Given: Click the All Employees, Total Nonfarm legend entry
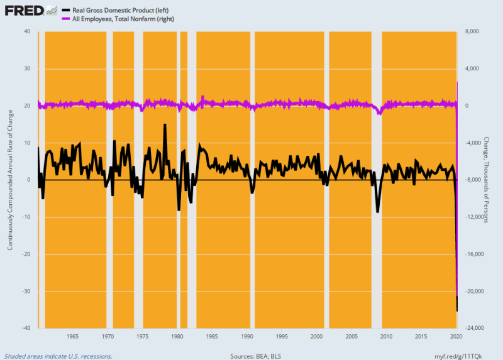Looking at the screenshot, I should [123, 19].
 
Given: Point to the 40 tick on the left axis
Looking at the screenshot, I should [27, 31].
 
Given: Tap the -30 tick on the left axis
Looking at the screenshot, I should [26, 291].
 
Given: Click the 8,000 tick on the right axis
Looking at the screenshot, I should [471, 31].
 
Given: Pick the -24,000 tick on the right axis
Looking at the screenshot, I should [473, 328].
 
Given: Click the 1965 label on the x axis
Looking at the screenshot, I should [72, 336].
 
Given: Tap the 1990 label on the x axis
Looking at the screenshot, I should [246, 336].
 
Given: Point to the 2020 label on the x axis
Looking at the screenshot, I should [456, 336].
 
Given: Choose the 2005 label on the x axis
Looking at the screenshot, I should [351, 336].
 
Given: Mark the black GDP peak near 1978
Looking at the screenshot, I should [165, 124].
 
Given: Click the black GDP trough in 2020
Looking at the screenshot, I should [457, 310].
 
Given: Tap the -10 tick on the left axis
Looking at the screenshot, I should [26, 217].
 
